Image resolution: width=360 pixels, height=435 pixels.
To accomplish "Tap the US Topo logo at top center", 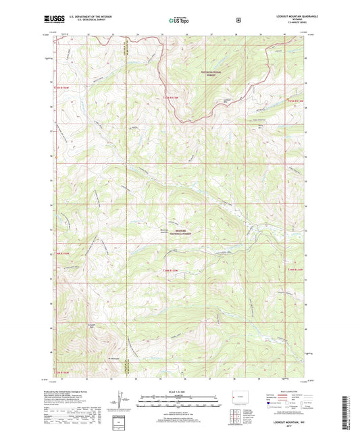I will click(179, 21).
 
